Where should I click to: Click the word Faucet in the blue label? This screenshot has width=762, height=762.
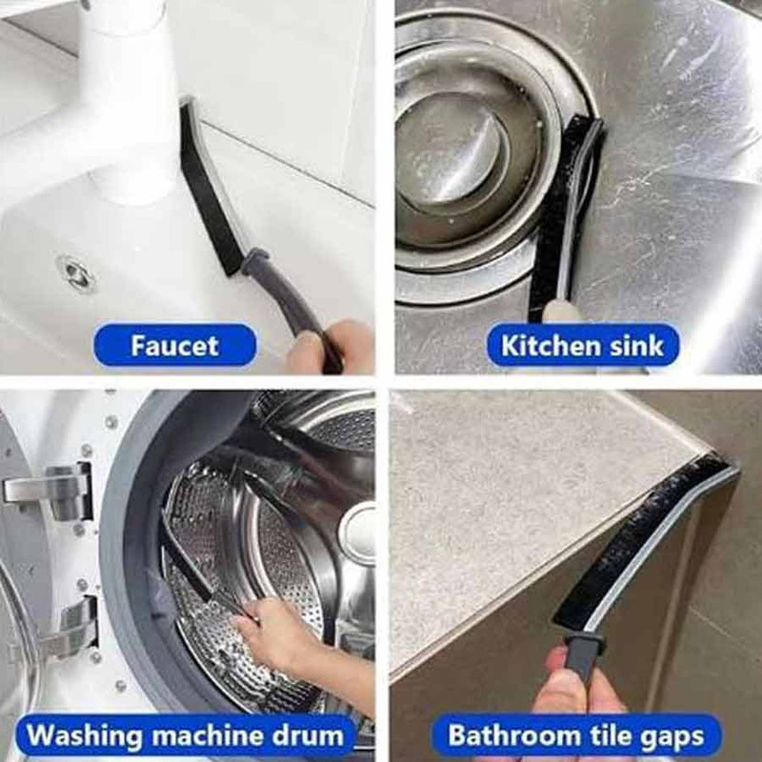tap(174, 346)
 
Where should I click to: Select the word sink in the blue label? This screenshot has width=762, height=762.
tap(637, 346)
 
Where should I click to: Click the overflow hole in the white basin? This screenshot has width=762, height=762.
tap(76, 272)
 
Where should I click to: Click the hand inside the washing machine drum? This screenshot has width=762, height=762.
tap(272, 632)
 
